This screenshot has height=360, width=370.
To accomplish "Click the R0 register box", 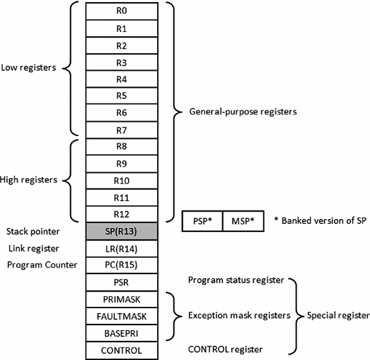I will pos(122,12).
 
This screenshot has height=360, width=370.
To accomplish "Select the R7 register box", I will pos(122,130).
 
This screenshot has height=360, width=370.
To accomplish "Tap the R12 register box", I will pos(122,214).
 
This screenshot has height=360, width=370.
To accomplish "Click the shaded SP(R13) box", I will pos(122,231).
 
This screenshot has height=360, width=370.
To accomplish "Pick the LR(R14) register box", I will pos(122,248).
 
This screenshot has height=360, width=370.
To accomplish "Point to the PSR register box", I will pos(122,282).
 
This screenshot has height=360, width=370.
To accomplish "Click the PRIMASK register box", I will pos(122,299).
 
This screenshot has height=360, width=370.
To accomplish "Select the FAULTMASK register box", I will pos(122,316).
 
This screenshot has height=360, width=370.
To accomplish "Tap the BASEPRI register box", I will pos(122,333).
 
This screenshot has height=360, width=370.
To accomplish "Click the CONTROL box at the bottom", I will pos(122,350).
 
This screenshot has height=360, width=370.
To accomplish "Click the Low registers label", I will pos(29,68).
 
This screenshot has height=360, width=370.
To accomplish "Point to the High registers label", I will pos(29,180).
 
